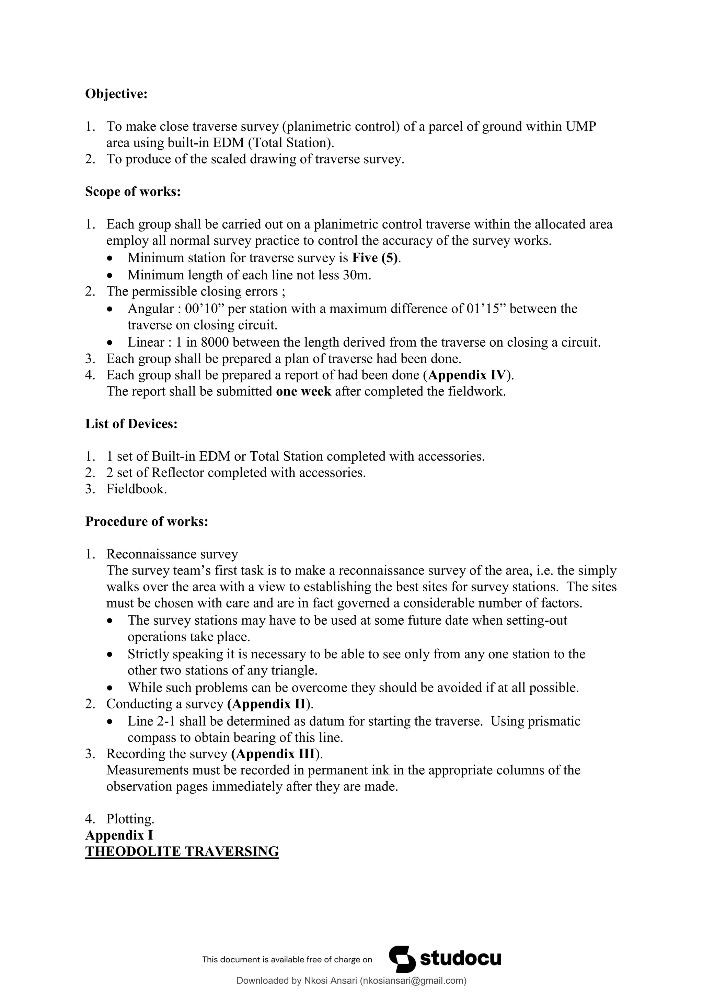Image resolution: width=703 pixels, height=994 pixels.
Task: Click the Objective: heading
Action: (x=116, y=94)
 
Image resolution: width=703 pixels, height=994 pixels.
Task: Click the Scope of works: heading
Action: (x=132, y=192)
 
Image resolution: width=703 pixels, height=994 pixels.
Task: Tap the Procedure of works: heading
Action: (x=146, y=521)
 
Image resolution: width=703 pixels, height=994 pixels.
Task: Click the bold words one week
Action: (x=303, y=391)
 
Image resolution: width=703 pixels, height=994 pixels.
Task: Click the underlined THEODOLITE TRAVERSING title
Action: (x=182, y=852)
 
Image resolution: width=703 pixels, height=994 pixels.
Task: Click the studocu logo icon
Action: (x=402, y=959)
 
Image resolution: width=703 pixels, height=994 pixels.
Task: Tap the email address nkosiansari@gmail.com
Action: (x=413, y=981)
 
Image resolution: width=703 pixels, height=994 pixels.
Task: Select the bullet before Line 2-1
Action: (x=111, y=722)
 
